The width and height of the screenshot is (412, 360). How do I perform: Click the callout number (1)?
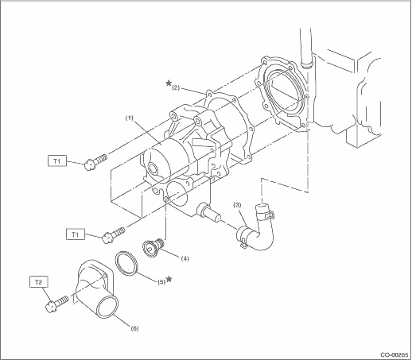[x=130, y=118]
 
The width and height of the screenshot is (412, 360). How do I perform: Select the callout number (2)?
[x=176, y=88]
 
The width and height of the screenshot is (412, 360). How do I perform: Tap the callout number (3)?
[x=237, y=205]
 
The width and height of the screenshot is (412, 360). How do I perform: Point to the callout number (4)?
[x=185, y=258]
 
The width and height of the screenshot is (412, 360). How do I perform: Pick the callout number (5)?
[x=161, y=282]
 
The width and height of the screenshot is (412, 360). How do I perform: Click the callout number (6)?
[x=134, y=328]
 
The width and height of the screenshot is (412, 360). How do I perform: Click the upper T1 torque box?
[x=57, y=161]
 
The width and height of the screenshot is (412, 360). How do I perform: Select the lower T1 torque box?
[x=76, y=234]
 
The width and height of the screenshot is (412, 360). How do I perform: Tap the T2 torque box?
[x=39, y=282]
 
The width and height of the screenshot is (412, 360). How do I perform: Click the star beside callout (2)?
[x=169, y=83]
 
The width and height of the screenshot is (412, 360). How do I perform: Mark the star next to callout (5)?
[x=169, y=279]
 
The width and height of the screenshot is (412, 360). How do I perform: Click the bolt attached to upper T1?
[x=95, y=162]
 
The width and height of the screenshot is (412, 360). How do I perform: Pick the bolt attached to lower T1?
[x=114, y=235]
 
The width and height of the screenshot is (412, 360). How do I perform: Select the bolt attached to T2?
[x=56, y=304]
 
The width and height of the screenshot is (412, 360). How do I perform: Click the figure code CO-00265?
[x=395, y=354]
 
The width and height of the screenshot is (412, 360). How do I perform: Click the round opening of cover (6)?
[x=107, y=308]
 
